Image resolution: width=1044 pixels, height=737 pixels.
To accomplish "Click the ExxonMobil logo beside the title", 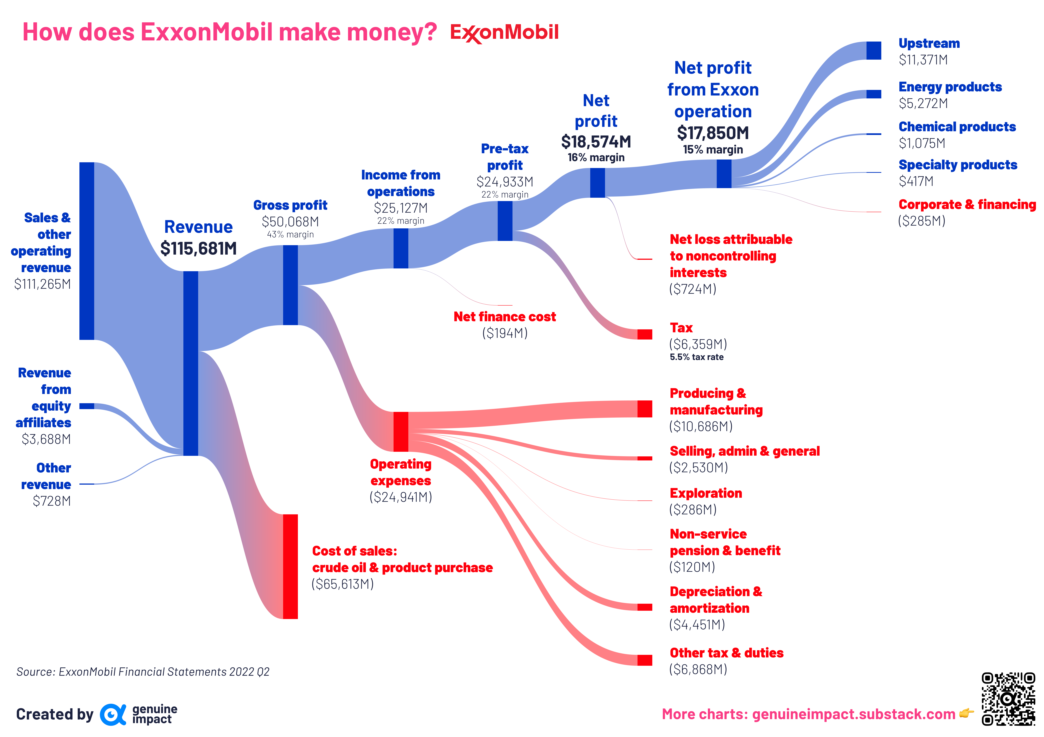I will point(504,33).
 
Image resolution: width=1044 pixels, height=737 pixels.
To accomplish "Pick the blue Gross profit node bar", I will point(290,285).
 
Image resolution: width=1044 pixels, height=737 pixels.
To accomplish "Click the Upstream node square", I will point(874,50).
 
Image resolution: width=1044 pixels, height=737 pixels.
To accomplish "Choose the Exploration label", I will point(706,493).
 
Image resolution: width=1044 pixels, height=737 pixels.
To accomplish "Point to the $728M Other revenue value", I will point(52,501).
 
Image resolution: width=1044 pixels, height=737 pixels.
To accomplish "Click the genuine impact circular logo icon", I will point(112,714).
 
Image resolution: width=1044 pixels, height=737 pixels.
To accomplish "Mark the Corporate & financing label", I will point(967,205).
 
